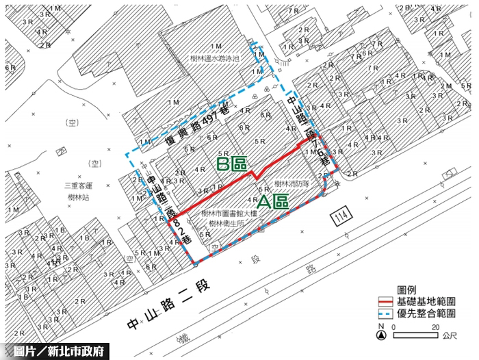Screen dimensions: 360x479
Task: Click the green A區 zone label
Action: click(x=272, y=202)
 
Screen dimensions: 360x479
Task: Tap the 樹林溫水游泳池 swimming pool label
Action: click(x=214, y=60)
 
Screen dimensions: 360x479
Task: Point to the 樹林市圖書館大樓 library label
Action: click(x=229, y=214)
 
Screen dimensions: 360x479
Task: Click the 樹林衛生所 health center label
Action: click(x=224, y=224)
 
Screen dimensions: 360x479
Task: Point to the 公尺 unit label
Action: click(x=450, y=335)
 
